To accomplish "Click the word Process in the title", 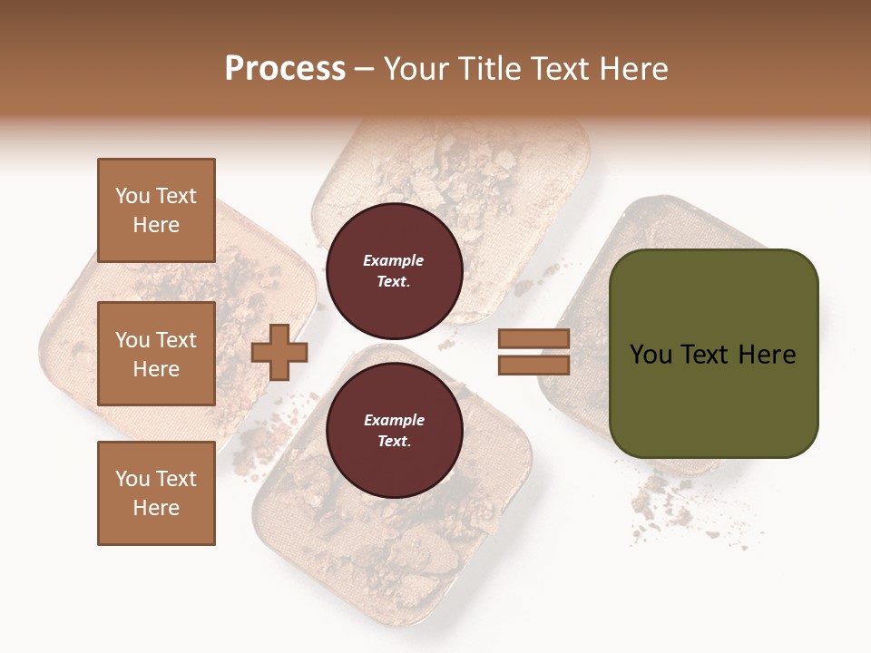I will (x=285, y=69).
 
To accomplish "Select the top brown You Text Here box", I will (x=156, y=210).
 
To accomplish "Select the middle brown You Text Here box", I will (x=156, y=354).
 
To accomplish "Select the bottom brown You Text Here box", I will (x=156, y=493).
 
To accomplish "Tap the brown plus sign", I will (x=279, y=352).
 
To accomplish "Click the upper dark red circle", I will (x=394, y=270).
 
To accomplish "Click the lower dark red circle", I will (x=394, y=430).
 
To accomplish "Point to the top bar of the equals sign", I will (x=533, y=339).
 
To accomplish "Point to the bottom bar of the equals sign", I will (x=533, y=365).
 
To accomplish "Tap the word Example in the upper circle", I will (x=393, y=260).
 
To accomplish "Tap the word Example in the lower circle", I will (x=394, y=420).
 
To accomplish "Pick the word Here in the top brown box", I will (x=156, y=225).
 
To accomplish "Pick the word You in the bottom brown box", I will (x=132, y=479).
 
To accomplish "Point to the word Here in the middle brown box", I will (x=156, y=369).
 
